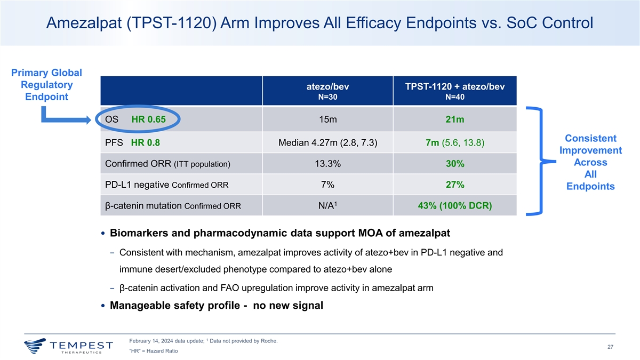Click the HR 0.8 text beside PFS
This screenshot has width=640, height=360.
tap(145, 142)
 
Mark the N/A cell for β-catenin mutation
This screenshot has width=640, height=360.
tap(326, 206)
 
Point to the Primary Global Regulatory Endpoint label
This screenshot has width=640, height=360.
tap(47, 85)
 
